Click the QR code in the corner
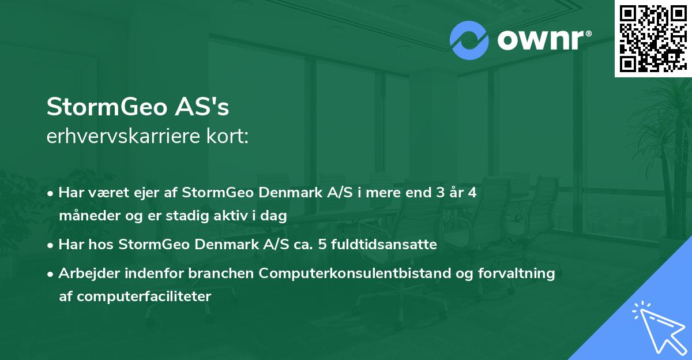click(652, 38)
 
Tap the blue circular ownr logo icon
click(469, 40)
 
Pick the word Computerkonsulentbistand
click(364, 273)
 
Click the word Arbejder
click(86, 273)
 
